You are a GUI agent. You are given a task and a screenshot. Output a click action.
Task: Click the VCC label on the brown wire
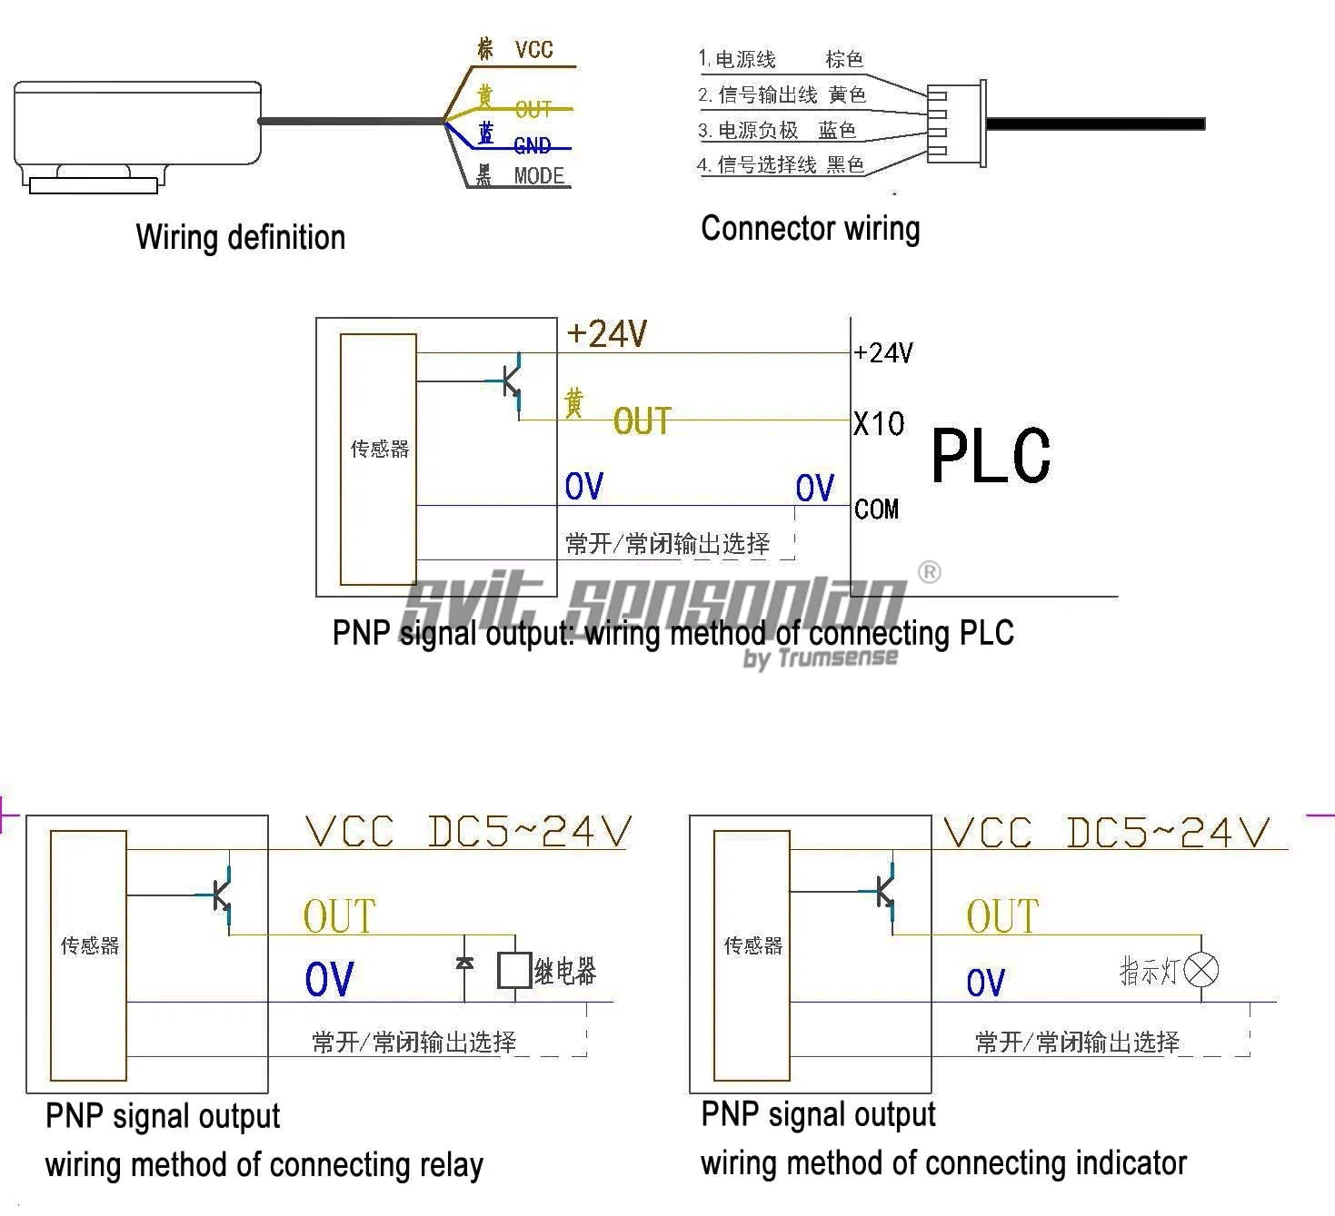pos(533,49)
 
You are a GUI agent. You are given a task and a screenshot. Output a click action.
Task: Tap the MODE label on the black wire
pos(539,175)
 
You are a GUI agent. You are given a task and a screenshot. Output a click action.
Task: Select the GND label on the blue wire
pos(532,145)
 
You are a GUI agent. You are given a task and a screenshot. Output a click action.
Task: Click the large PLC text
pos(991,456)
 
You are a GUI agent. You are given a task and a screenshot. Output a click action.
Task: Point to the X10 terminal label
pos(879,423)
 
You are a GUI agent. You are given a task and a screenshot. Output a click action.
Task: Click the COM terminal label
pos(876,509)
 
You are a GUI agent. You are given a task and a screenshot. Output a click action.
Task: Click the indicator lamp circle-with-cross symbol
pos(1202,970)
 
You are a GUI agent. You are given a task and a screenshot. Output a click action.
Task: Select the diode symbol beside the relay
pos(464,962)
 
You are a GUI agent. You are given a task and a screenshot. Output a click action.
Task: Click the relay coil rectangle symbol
pos(514,970)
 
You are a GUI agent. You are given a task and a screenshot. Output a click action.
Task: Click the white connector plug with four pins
pos(954,124)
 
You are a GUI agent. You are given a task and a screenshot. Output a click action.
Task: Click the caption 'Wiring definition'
pos(241,237)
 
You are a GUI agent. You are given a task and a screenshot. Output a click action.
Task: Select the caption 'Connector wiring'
pos(810,228)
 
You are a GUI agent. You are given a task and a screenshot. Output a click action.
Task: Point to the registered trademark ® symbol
pos(929,572)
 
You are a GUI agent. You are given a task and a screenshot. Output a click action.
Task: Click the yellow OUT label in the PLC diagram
pos(642,421)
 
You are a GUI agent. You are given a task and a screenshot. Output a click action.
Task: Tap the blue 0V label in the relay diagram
pos(329,979)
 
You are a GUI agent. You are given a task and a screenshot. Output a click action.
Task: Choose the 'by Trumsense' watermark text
pos(821,657)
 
